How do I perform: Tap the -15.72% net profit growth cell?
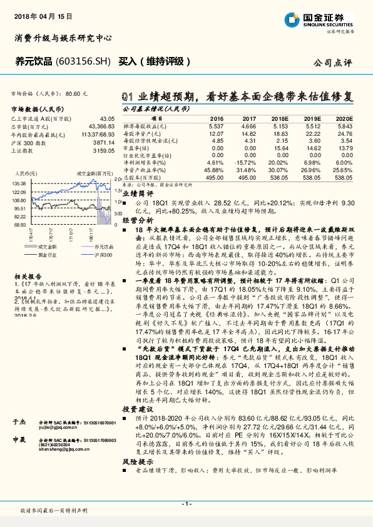[x=247, y=162]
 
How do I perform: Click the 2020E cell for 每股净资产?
[x=344, y=133]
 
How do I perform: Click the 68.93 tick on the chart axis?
[x=18, y=223]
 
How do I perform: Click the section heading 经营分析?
[x=134, y=221]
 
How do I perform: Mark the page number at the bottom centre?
[x=186, y=503]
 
